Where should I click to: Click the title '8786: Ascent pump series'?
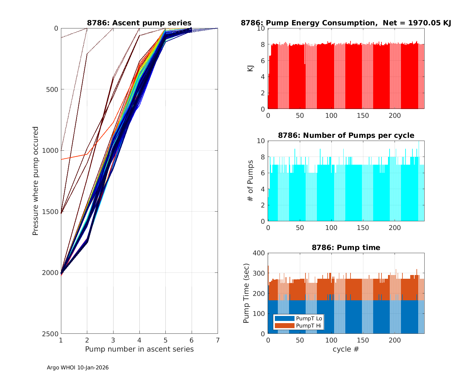139,23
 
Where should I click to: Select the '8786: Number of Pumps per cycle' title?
346,135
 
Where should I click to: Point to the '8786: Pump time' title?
346,247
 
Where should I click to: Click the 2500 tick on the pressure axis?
52,334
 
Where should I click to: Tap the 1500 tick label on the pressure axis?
52,212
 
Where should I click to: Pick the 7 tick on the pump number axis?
218,340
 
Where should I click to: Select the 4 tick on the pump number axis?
139,340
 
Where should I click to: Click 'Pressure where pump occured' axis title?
36,181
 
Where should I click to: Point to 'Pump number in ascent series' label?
139,349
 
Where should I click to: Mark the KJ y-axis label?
250,68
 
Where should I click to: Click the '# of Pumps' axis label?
250,181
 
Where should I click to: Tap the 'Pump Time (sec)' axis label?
246,293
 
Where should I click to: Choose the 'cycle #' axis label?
346,349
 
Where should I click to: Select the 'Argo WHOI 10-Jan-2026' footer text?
78,368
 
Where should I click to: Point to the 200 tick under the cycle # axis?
395,340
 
